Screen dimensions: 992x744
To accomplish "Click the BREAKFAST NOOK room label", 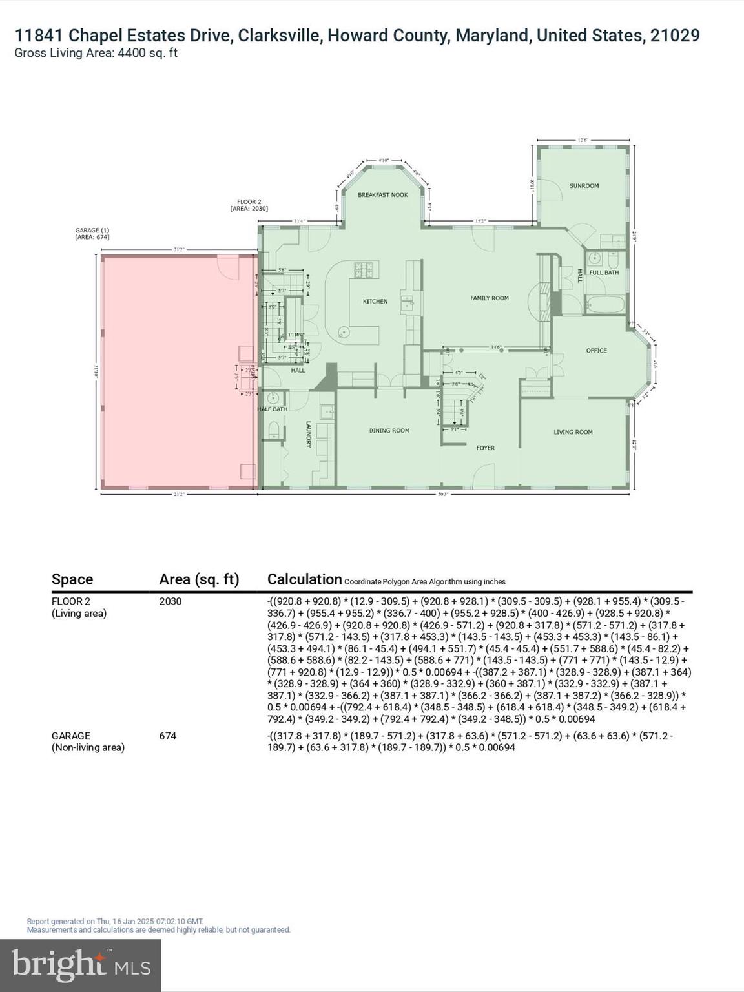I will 382,194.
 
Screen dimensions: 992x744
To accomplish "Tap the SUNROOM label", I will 584,185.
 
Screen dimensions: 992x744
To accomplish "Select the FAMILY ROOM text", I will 489,298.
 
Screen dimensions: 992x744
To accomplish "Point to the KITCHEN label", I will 375,301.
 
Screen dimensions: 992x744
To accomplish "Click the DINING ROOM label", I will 389,431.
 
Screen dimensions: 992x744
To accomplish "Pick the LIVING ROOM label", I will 573,432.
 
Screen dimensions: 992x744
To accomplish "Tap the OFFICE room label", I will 596,351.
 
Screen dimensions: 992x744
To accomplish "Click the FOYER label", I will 485,448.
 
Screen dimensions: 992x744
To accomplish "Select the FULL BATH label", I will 604,273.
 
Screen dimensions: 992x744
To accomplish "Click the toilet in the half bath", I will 273,430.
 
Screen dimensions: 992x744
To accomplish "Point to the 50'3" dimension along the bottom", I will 442,494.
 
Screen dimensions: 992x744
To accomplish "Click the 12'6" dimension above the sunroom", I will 583,139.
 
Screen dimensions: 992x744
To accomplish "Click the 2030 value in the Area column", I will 170,601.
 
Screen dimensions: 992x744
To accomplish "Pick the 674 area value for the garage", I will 168,736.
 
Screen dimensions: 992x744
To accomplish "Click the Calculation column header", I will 304,579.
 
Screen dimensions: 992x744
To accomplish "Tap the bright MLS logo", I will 81,965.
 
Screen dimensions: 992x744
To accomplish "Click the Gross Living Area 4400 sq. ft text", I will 96,53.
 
